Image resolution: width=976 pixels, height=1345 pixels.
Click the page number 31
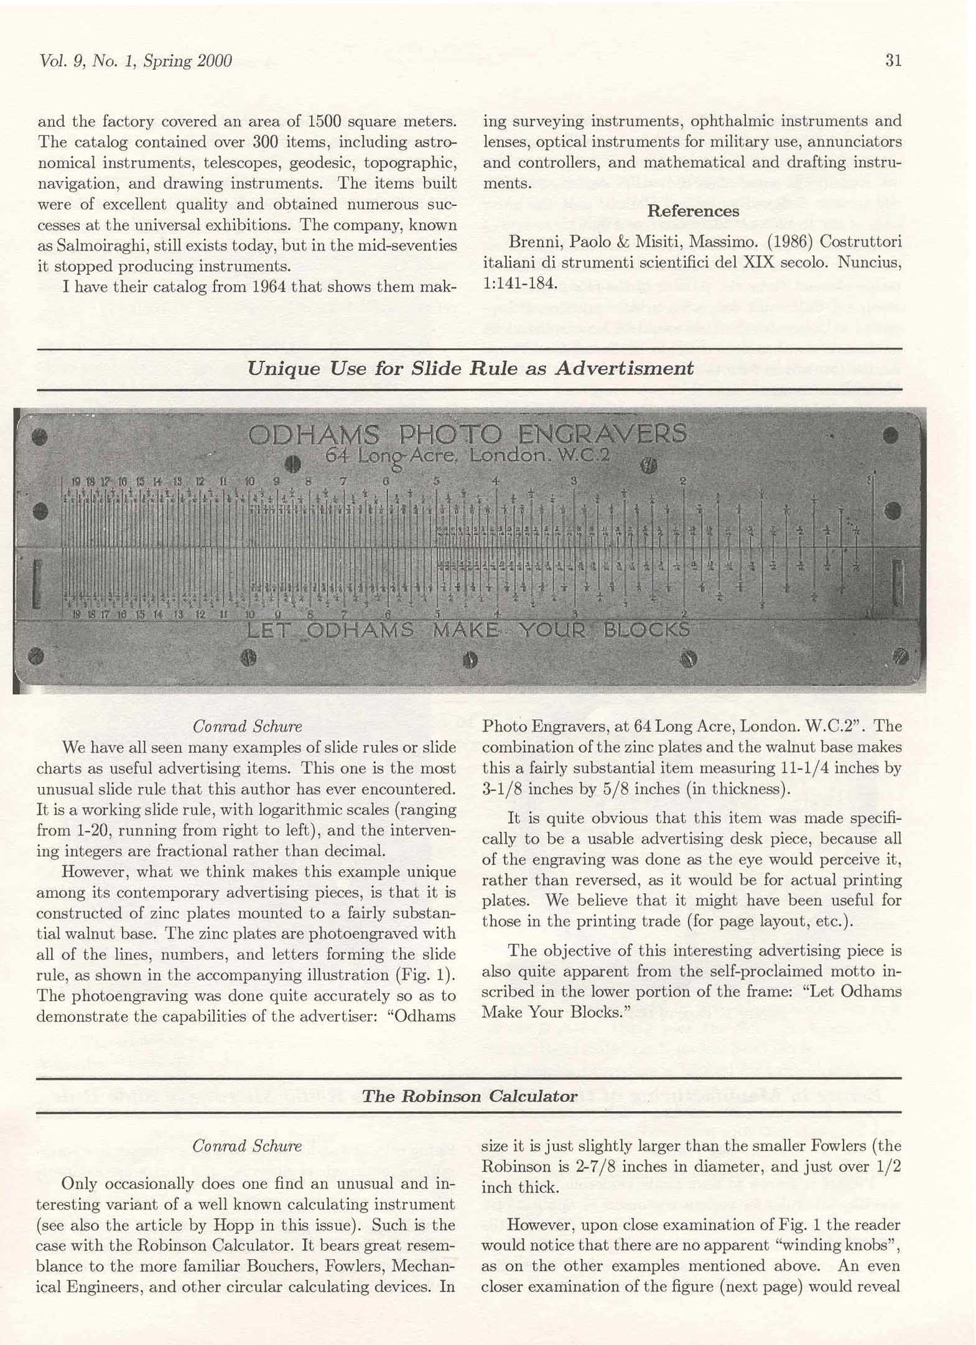pyautogui.click(x=893, y=60)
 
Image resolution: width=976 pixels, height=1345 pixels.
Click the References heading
pyautogui.click(x=693, y=211)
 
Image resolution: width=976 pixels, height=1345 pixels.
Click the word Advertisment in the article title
pyautogui.click(x=624, y=368)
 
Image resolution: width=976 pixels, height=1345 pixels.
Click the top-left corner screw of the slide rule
pyautogui.click(x=40, y=437)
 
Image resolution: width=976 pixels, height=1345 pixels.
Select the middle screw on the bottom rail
pyautogui.click(x=470, y=659)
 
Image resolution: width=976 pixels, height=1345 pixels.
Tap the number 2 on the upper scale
pyautogui.click(x=682, y=481)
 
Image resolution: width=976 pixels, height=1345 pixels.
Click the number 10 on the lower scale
pyautogui.click(x=249, y=615)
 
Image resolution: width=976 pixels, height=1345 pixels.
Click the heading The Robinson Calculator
pyautogui.click(x=470, y=1096)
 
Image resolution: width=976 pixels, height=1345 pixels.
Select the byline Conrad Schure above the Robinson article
pyautogui.click(x=247, y=1146)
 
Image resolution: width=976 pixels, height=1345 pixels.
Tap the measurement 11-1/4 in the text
pyautogui.click(x=804, y=768)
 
